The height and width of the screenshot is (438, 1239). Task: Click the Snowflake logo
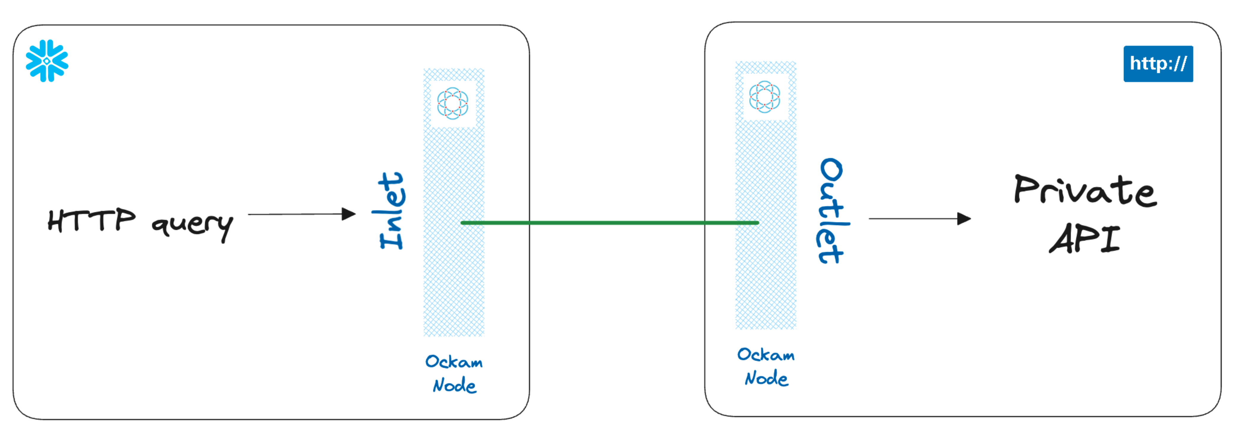pos(47,61)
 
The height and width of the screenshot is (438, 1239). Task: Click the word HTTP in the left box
pos(92,221)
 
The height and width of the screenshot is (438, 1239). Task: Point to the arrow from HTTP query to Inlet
pos(298,214)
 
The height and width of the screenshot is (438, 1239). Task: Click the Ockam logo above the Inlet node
pos(453,103)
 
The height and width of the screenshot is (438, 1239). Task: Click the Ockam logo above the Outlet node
pos(765,97)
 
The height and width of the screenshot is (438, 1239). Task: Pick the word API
pos(1084,239)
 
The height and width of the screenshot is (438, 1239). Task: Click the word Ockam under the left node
pos(454,362)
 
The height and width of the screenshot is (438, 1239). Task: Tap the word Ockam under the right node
pos(766,355)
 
